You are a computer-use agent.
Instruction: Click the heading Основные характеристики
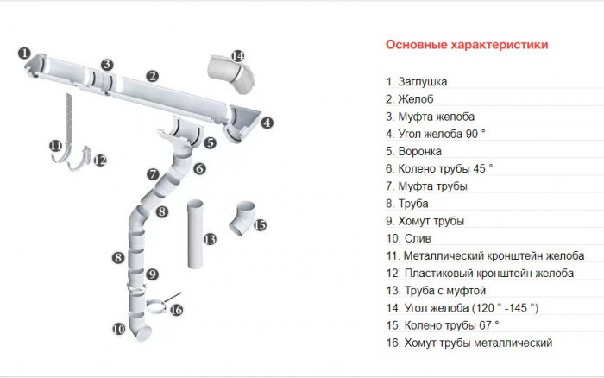(466, 45)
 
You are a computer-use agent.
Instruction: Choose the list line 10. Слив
(408, 238)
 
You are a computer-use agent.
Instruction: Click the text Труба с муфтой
(443, 291)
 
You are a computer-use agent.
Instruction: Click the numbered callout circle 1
(25, 53)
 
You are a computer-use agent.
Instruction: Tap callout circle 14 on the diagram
(238, 56)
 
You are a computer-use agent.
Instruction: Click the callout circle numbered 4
(267, 123)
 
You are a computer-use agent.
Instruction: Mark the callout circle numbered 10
(119, 329)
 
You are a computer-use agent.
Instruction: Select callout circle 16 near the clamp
(176, 310)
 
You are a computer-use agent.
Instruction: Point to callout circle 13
(209, 239)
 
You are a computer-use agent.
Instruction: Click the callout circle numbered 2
(152, 76)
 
